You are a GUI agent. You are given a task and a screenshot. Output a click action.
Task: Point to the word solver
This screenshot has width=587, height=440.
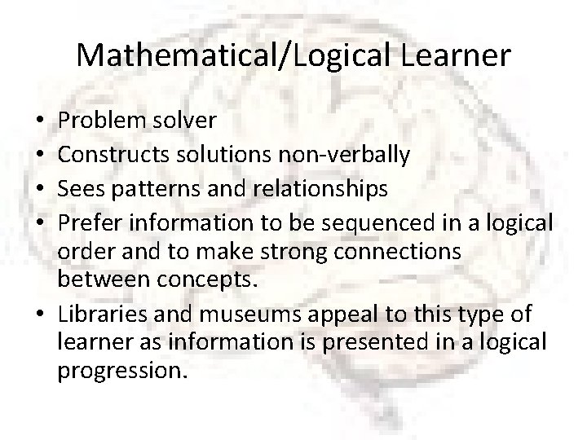(x=189, y=121)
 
